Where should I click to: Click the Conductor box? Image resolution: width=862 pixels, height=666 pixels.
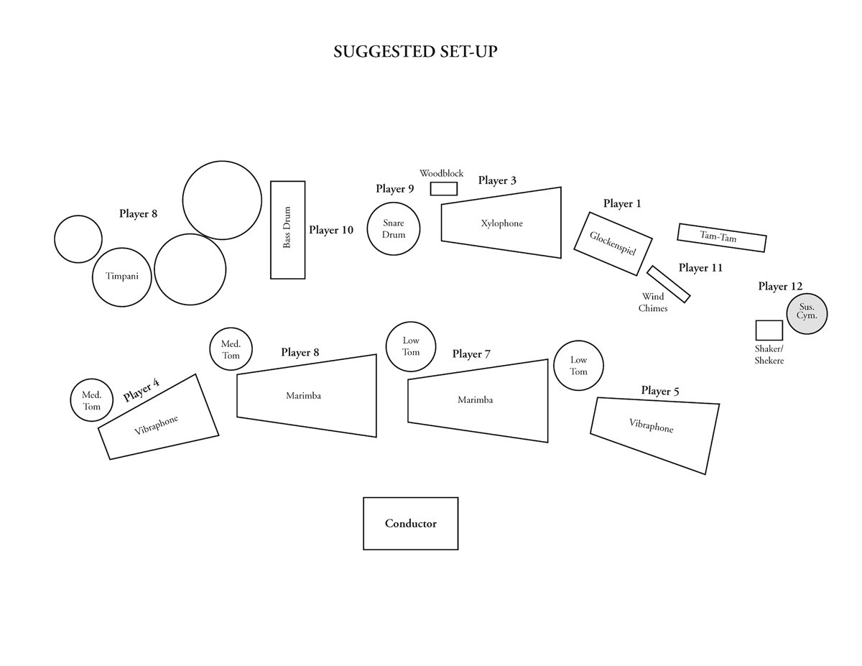pos(410,524)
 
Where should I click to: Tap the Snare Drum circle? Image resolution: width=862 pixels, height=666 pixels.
pos(393,228)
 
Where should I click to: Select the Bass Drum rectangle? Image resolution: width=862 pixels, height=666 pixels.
pos(287,229)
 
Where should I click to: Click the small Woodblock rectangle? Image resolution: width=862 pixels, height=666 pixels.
pos(443,189)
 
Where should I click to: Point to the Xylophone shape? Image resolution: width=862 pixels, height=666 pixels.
pos(502,223)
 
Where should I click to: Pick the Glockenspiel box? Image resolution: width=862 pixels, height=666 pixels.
pos(613,244)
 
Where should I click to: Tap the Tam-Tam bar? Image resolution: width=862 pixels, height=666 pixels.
pos(721,238)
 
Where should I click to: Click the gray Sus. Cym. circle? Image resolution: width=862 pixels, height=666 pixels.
pos(807,314)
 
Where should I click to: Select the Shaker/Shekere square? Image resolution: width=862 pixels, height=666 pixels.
pos(769,330)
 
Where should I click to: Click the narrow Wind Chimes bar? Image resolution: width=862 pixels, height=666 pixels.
pos(668,285)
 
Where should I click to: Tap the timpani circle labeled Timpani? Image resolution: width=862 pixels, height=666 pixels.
pos(121,277)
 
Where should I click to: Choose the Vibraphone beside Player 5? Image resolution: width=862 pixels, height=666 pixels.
pos(654,431)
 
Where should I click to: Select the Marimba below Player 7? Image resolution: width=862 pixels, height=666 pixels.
pos(477,401)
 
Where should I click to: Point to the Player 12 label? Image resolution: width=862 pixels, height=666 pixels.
pos(780,286)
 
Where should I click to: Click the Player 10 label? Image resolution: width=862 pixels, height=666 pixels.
pos(331,230)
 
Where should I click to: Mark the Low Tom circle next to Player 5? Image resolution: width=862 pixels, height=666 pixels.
pos(578,366)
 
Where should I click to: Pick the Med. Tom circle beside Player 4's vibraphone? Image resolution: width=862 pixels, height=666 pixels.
pos(92,400)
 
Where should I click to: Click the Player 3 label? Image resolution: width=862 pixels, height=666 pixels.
pos(497,180)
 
